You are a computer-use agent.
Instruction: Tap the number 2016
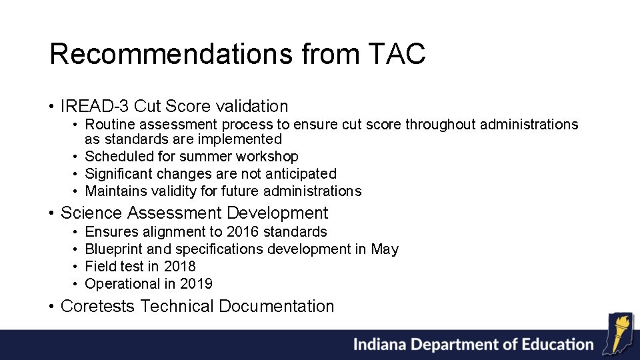click(x=243, y=232)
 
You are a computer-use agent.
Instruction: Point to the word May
click(x=385, y=249)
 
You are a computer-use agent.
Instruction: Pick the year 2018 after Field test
click(x=179, y=267)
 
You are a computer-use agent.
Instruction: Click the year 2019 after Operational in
click(x=196, y=284)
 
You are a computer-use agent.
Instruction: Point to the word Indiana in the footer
click(x=379, y=345)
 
